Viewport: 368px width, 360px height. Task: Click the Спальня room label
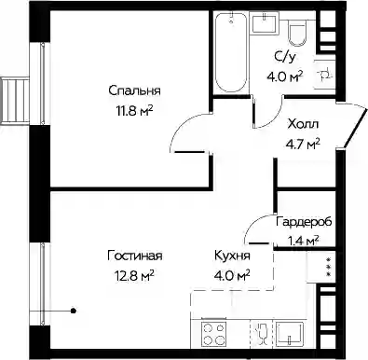(134, 91)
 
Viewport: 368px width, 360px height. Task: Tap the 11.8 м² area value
(135, 110)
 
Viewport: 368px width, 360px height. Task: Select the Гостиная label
(135, 256)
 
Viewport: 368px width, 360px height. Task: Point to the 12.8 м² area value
(135, 276)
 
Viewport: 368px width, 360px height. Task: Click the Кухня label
(232, 256)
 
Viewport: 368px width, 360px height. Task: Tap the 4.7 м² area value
(303, 144)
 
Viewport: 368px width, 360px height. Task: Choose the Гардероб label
(304, 222)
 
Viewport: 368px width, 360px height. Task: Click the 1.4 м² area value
(303, 241)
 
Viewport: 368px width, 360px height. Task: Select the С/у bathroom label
(284, 57)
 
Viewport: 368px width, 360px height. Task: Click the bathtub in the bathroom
(231, 52)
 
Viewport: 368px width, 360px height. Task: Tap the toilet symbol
(298, 33)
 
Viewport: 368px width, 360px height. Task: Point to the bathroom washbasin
(265, 22)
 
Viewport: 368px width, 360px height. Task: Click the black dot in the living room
(74, 311)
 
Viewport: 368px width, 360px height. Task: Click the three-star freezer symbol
(328, 267)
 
